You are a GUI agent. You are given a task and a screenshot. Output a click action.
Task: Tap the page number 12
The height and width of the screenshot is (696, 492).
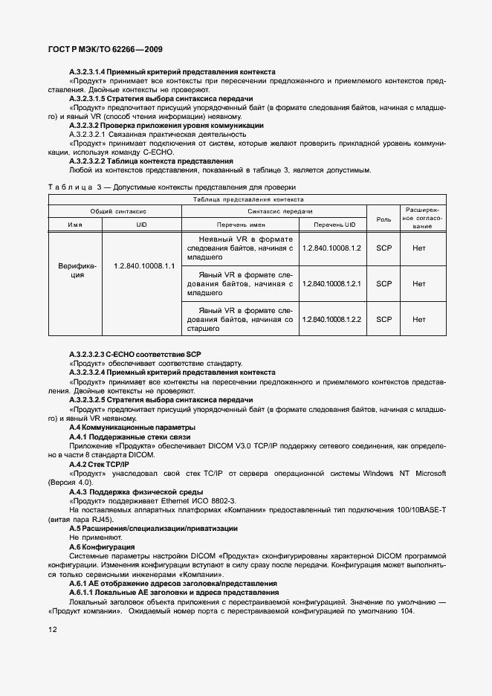click(52, 628)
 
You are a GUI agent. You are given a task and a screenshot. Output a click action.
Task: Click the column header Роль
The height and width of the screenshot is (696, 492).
click(383, 219)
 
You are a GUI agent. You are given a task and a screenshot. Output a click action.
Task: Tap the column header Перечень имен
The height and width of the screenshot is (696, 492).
click(241, 225)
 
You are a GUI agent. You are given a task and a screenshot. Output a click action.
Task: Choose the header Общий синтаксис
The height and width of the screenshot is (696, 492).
click(113, 211)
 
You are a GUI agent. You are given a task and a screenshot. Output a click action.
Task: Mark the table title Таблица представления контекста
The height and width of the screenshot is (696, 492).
click(247, 199)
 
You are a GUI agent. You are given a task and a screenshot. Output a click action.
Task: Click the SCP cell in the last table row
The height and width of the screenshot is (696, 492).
click(383, 319)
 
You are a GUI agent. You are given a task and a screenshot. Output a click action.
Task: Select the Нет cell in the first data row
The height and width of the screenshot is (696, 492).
click(418, 248)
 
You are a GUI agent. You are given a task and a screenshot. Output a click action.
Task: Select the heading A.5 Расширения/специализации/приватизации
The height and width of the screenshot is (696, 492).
click(153, 528)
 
